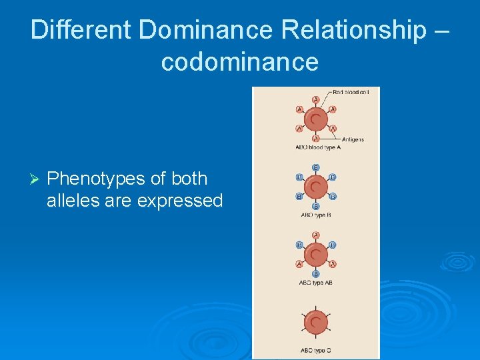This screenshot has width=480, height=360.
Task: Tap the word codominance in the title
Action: [x=240, y=62]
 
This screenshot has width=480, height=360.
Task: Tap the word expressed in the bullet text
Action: [x=179, y=201]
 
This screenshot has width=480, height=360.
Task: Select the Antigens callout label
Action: [x=353, y=139]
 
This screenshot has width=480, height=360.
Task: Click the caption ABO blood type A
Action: [x=317, y=147]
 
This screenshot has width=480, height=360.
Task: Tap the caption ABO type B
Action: [x=316, y=215]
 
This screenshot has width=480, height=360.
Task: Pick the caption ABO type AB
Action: [x=316, y=283]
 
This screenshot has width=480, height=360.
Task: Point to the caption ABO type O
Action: [x=316, y=350]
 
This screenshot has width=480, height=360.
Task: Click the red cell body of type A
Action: [x=316, y=120]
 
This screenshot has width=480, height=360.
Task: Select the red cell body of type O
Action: [x=316, y=323]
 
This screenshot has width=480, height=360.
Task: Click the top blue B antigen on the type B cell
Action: [x=316, y=167]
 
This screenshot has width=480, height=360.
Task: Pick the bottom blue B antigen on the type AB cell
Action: [x=316, y=274]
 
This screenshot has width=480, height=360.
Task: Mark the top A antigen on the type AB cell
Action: [x=316, y=235]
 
